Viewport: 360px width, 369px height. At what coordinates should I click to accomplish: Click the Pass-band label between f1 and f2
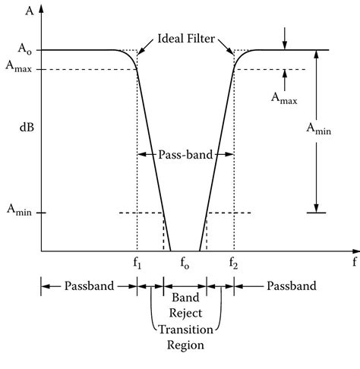[x=185, y=154]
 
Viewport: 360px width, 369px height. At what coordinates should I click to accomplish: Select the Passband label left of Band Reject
[x=90, y=286]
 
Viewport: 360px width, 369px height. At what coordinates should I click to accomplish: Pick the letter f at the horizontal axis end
[x=354, y=262]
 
